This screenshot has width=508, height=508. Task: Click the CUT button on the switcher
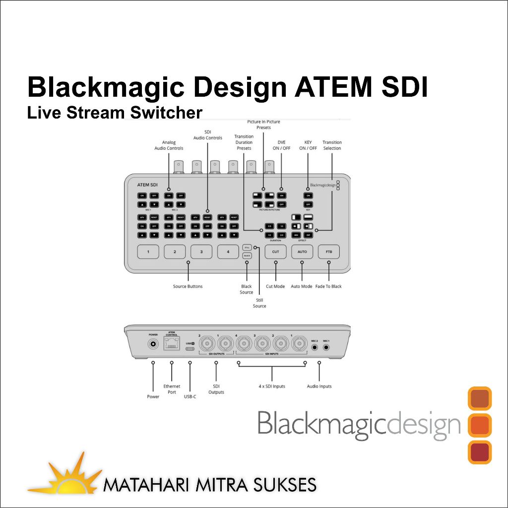(275, 252)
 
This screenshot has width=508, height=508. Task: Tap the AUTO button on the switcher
(302, 252)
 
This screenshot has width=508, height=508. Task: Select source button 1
(148, 252)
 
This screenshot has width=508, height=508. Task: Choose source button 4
(228, 252)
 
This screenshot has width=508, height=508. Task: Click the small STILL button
(247, 247)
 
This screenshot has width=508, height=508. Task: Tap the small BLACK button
(247, 256)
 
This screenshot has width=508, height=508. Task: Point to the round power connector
(153, 344)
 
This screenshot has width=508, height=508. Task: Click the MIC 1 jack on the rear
(326, 348)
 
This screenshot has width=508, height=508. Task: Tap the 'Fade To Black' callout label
(328, 286)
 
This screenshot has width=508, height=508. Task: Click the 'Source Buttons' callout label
(188, 286)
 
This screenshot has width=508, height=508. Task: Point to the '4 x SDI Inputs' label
(272, 386)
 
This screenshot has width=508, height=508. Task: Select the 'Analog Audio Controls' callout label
(169, 145)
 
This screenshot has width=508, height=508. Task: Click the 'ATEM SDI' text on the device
(147, 185)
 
